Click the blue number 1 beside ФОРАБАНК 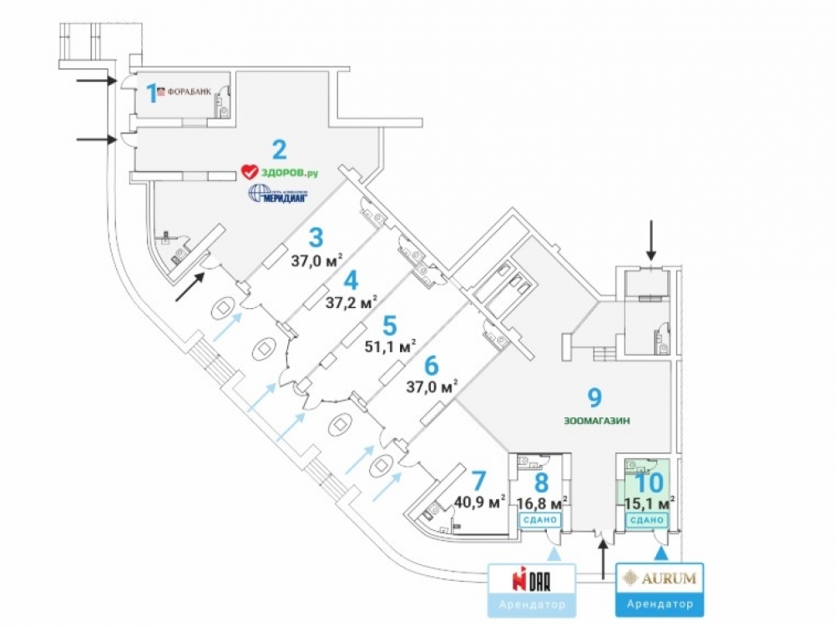tap(152, 93)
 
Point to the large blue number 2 tap(280, 149)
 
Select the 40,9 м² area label tap(480, 502)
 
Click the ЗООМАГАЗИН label tap(596, 422)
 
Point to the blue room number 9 tap(595, 398)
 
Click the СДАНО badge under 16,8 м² tap(541, 521)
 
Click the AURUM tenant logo tap(660, 577)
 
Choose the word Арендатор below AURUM tap(660, 603)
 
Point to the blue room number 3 tap(317, 238)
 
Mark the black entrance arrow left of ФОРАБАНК tap(96, 81)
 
